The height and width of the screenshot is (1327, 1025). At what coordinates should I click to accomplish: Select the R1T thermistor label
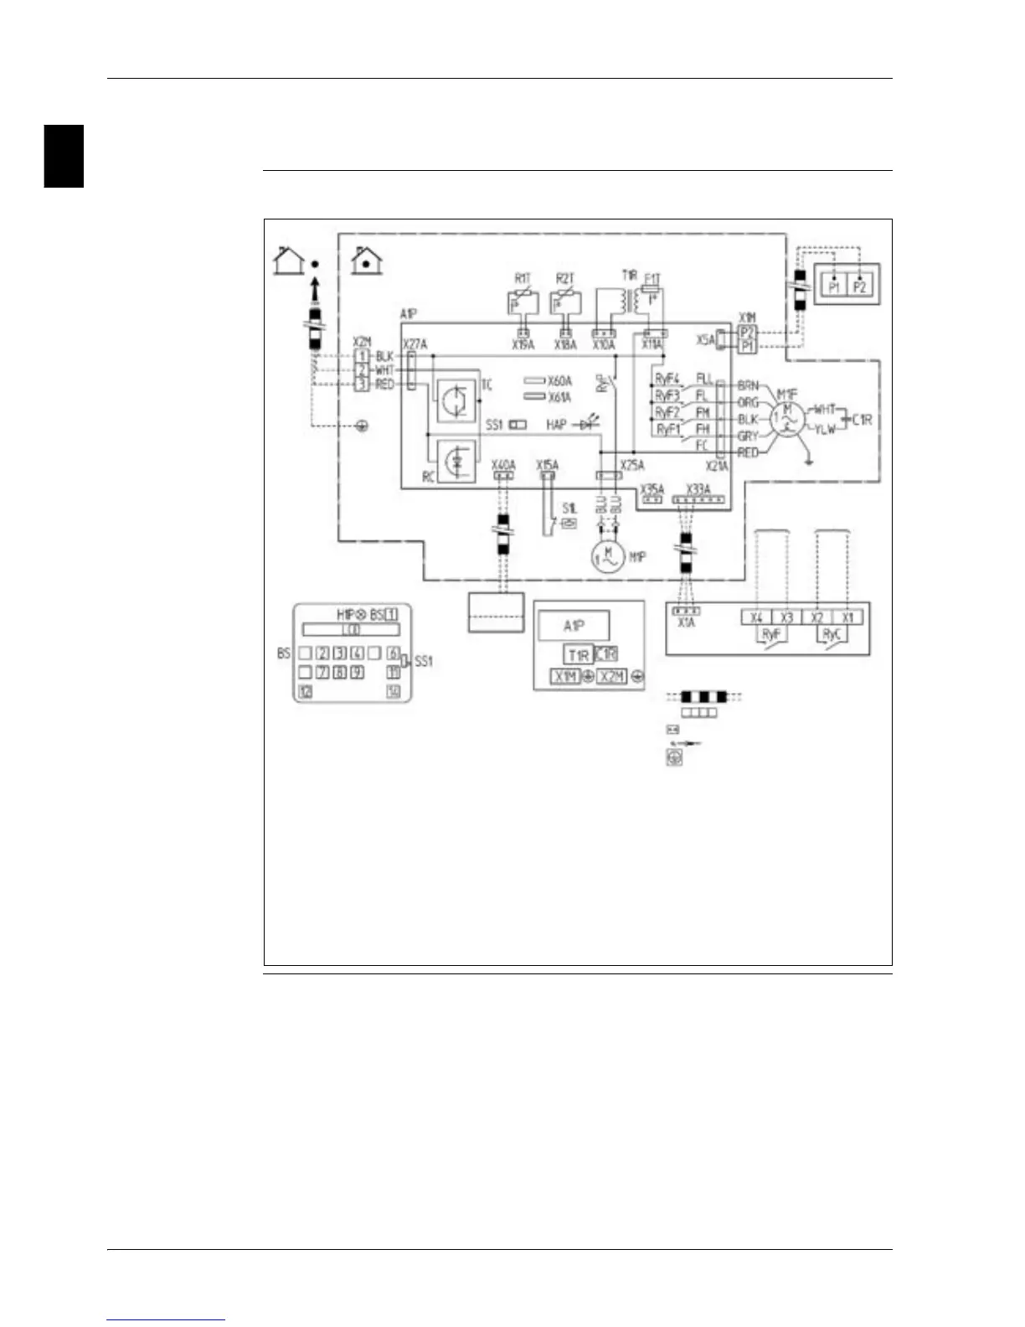pyautogui.click(x=523, y=278)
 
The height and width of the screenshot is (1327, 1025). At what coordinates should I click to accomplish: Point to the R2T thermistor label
pyautogui.click(x=565, y=278)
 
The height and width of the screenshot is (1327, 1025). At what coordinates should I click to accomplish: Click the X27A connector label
pyautogui.click(x=415, y=344)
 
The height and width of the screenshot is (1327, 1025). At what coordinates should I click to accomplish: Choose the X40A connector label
pyautogui.click(x=503, y=464)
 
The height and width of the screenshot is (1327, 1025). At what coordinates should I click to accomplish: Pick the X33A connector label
pyautogui.click(x=698, y=489)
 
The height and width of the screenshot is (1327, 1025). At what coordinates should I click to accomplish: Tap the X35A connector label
pyautogui.click(x=652, y=489)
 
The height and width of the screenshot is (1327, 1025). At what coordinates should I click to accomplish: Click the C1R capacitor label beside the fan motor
pyautogui.click(x=862, y=418)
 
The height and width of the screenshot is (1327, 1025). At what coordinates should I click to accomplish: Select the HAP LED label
pyautogui.click(x=556, y=425)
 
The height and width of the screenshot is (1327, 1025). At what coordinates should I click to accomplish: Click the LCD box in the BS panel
pyautogui.click(x=351, y=630)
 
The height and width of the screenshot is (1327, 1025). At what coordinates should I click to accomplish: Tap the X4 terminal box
pyautogui.click(x=756, y=617)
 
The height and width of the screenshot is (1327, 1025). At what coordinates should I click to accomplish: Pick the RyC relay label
pyautogui.click(x=832, y=634)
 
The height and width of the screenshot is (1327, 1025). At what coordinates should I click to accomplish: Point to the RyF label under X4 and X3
pyautogui.click(x=770, y=634)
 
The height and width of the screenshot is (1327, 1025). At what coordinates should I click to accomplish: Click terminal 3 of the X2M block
pyautogui.click(x=362, y=384)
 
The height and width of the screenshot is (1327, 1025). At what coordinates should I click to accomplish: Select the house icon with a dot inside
pyautogui.click(x=366, y=261)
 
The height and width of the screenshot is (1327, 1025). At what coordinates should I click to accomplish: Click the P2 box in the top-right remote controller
pyautogui.click(x=860, y=287)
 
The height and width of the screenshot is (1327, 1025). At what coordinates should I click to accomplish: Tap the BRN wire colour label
pyautogui.click(x=748, y=385)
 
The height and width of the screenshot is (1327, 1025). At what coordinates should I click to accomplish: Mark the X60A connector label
pyautogui.click(x=559, y=381)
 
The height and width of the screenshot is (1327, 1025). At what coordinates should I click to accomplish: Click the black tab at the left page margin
pyautogui.click(x=64, y=156)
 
